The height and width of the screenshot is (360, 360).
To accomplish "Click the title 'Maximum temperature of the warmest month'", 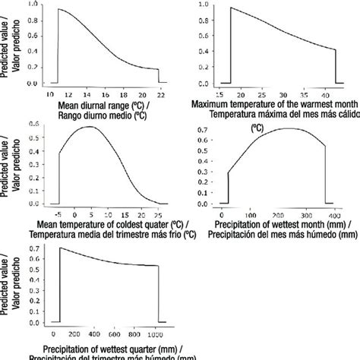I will (273, 103).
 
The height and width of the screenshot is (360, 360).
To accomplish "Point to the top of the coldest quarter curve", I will (90, 126).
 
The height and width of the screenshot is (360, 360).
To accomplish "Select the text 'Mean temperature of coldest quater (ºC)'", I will (112, 225).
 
